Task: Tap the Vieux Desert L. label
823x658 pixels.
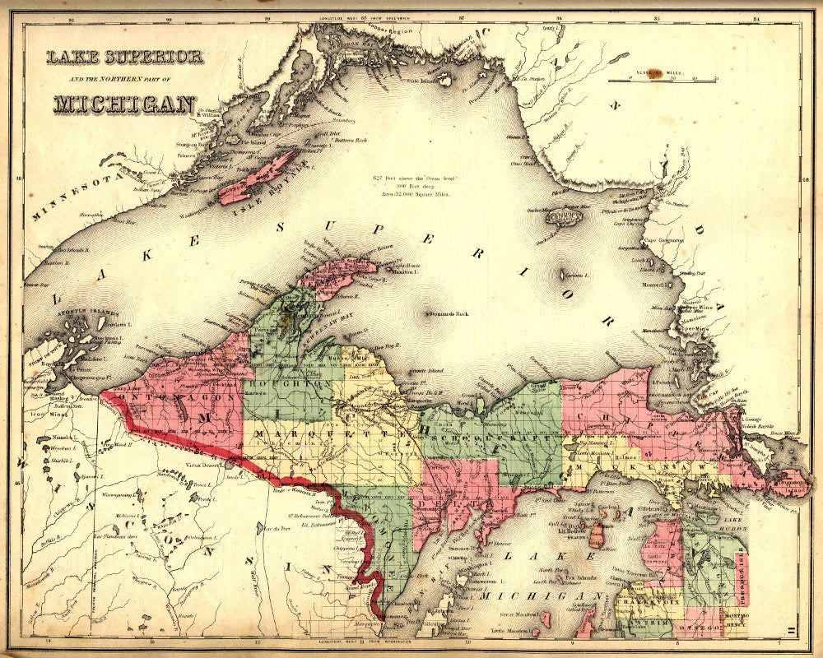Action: click(206, 466)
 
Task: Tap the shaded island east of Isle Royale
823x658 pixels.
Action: click(565, 216)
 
